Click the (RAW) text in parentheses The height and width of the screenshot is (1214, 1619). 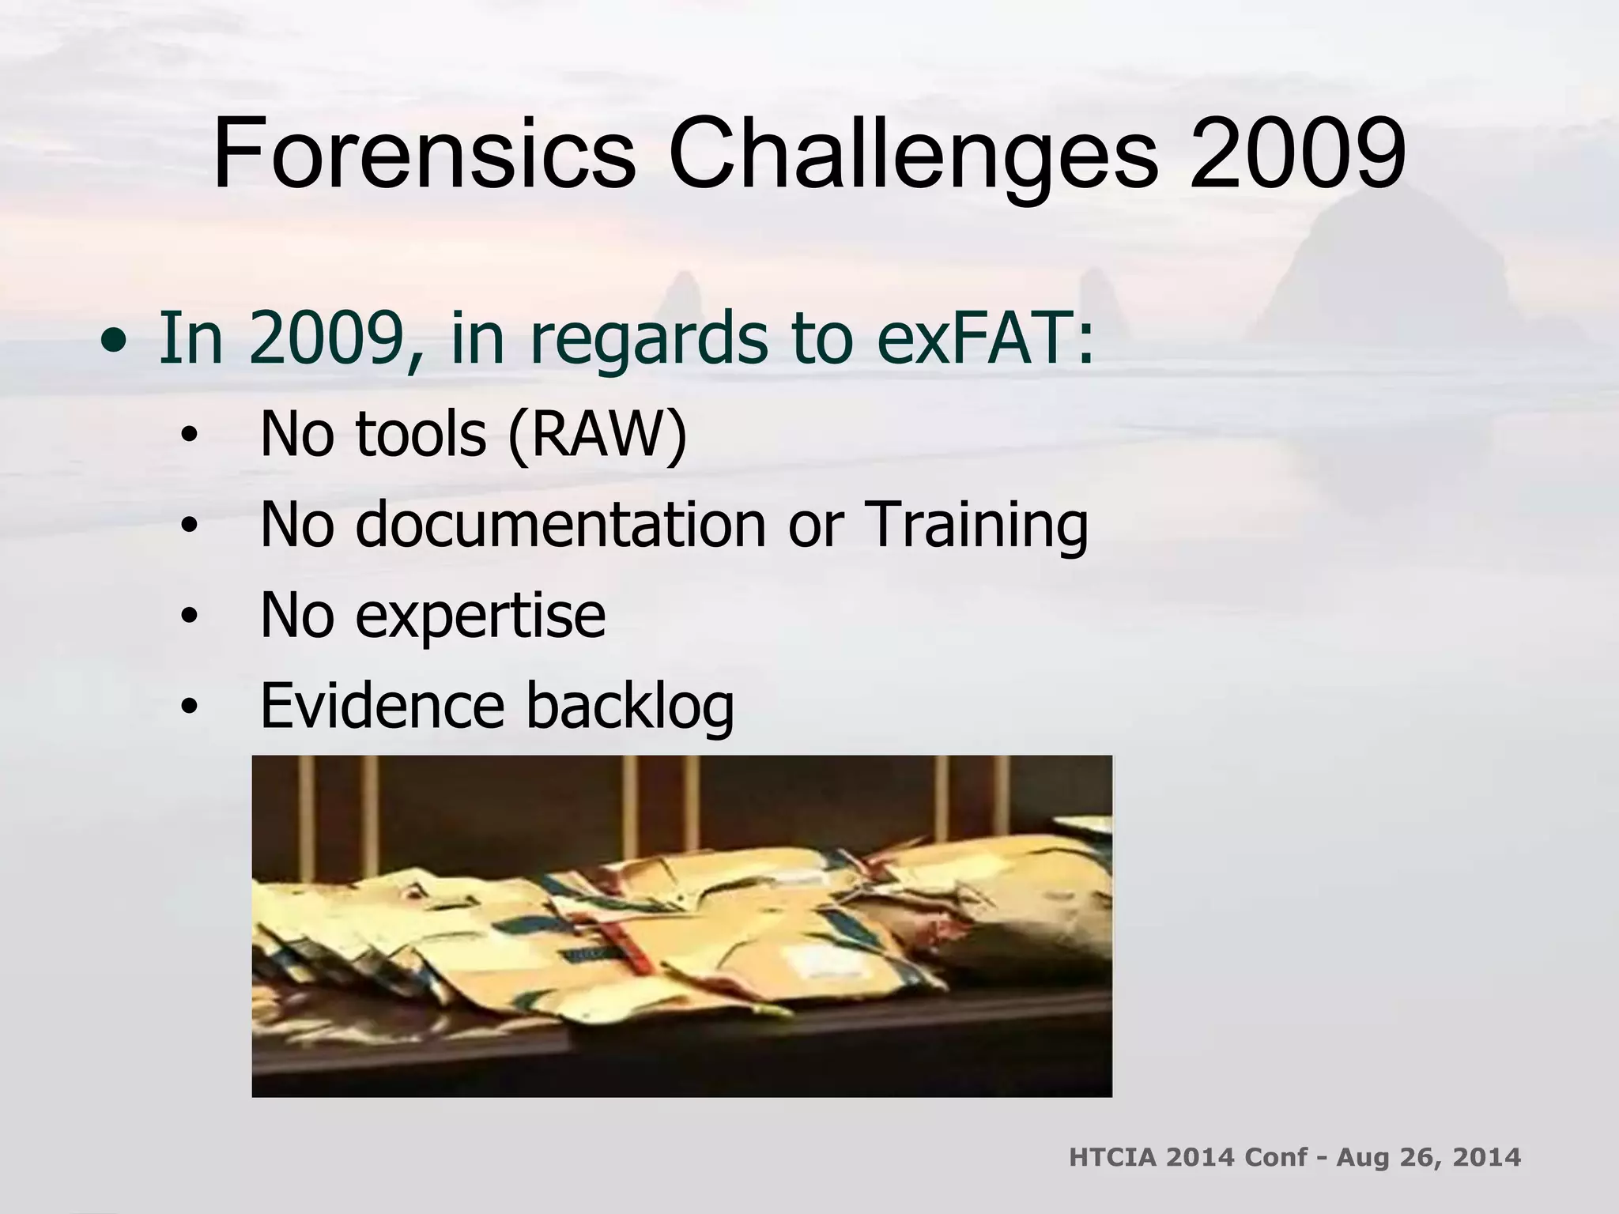click(598, 435)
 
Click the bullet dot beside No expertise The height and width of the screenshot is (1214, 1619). click(188, 619)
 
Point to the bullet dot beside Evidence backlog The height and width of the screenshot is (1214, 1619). click(188, 709)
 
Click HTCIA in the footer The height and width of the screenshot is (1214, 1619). click(1112, 1157)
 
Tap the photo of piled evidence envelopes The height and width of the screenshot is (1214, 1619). click(681, 926)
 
